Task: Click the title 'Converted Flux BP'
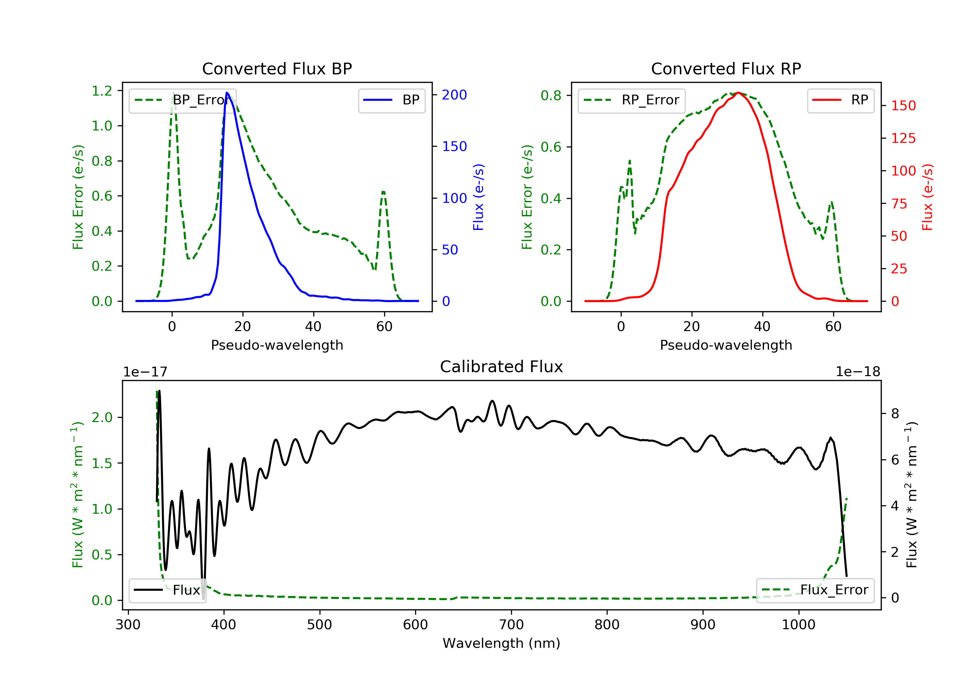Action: pyautogui.click(x=277, y=68)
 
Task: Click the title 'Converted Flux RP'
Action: pyautogui.click(x=726, y=68)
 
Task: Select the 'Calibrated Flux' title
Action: pyautogui.click(x=502, y=367)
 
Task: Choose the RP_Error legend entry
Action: pyautogui.click(x=631, y=100)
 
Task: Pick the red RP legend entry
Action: pyautogui.click(x=840, y=100)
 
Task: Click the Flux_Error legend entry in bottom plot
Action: pyautogui.click(x=815, y=590)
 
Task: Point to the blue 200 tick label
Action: pyautogui.click(x=454, y=95)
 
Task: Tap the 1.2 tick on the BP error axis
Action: pyautogui.click(x=102, y=91)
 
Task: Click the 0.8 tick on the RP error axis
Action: pyautogui.click(x=551, y=96)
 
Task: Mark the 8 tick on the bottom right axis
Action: pyautogui.click(x=895, y=414)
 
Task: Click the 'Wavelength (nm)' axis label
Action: pyautogui.click(x=502, y=643)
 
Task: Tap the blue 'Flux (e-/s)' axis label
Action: pyautogui.click(x=478, y=197)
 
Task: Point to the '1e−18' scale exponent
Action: pyautogui.click(x=858, y=372)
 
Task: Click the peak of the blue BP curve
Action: pyautogui.click(x=227, y=93)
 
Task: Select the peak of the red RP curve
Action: pyautogui.click(x=738, y=93)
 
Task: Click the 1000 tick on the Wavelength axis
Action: pyautogui.click(x=798, y=625)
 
